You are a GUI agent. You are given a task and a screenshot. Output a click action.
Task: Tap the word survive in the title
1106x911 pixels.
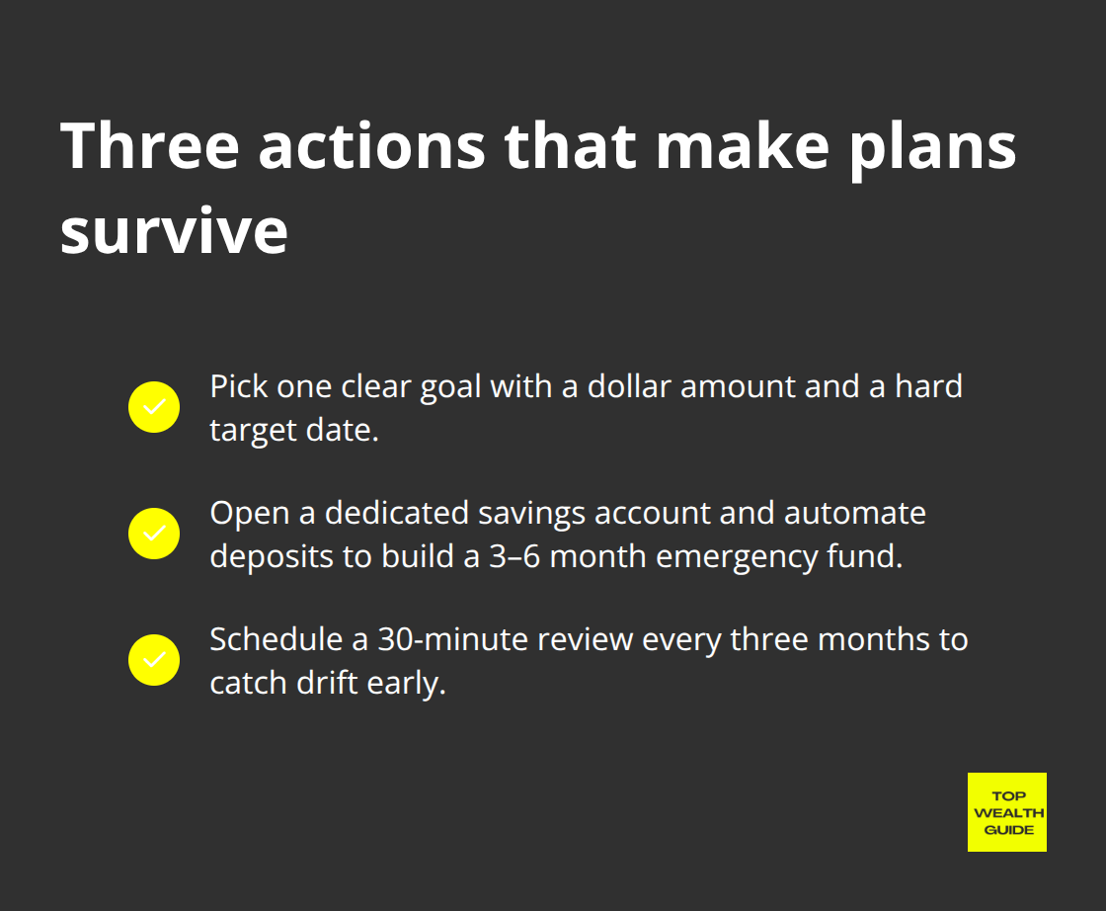(174, 232)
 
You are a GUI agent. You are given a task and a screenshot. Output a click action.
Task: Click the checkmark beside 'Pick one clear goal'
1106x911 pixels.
(154, 407)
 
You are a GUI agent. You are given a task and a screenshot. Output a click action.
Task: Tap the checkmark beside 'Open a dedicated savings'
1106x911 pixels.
(154, 534)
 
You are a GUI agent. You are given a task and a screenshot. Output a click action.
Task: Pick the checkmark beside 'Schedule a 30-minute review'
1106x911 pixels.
(154, 660)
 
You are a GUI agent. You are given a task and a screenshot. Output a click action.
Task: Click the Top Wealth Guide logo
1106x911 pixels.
(1006, 812)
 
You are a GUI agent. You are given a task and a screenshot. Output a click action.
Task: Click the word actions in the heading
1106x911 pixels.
(370, 146)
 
